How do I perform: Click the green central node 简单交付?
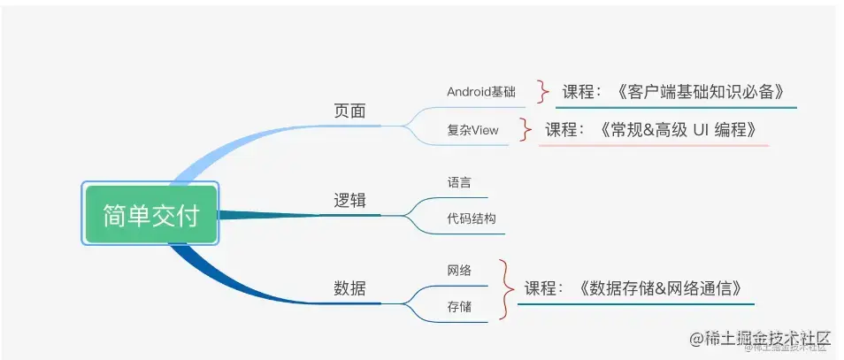(150, 214)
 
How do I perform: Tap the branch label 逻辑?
(349, 201)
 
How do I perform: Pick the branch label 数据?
(349, 287)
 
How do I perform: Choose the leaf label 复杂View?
(472, 130)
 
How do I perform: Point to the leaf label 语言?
(459, 182)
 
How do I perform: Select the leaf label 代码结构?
(472, 218)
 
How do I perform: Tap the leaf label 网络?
(459, 270)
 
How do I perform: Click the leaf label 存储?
(459, 307)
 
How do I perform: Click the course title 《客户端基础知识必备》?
(699, 91)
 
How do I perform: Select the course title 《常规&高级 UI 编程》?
(678, 129)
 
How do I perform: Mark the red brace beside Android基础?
(542, 90)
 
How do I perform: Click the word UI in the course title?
(690, 129)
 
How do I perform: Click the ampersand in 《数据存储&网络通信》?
(659, 287)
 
